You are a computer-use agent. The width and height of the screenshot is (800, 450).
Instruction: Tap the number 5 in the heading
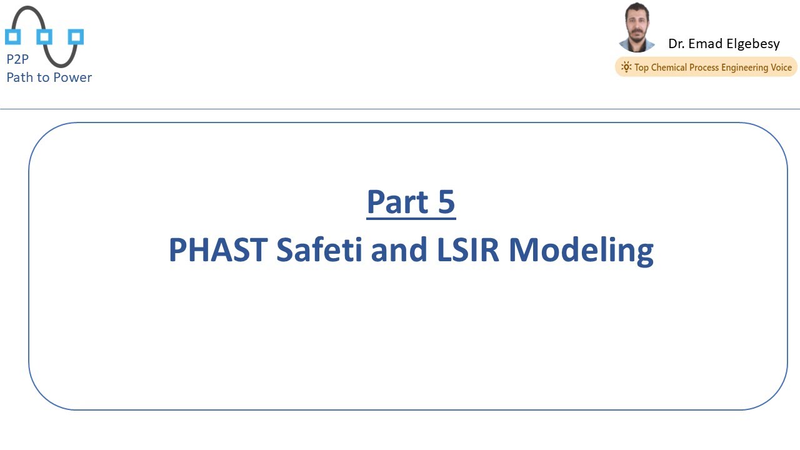446,202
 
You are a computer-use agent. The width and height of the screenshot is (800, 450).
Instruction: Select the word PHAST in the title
218,249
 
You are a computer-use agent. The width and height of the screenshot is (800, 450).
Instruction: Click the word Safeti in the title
319,249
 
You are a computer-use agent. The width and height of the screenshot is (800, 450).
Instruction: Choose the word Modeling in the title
581,251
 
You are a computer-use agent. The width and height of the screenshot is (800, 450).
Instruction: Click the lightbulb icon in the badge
626,67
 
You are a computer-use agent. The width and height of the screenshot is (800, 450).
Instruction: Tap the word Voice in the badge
779,67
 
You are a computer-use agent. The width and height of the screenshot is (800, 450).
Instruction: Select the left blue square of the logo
13,36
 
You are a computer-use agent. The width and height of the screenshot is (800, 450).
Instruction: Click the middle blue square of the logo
44,36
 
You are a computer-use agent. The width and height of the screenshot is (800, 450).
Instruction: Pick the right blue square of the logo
76,36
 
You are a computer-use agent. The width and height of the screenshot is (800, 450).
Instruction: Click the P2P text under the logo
17,60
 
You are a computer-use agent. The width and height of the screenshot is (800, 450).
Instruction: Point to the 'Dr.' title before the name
676,44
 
